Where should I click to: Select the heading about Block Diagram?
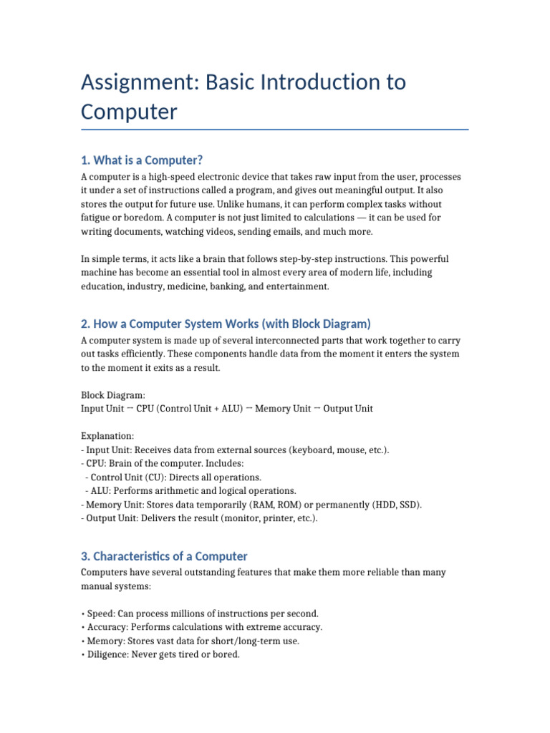point(226,324)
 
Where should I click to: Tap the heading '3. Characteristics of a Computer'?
point(164,556)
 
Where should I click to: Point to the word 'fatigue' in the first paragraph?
point(97,218)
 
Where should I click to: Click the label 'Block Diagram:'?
point(113,394)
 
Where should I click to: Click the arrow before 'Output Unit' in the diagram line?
point(317,408)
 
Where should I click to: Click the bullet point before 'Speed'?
point(83,613)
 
